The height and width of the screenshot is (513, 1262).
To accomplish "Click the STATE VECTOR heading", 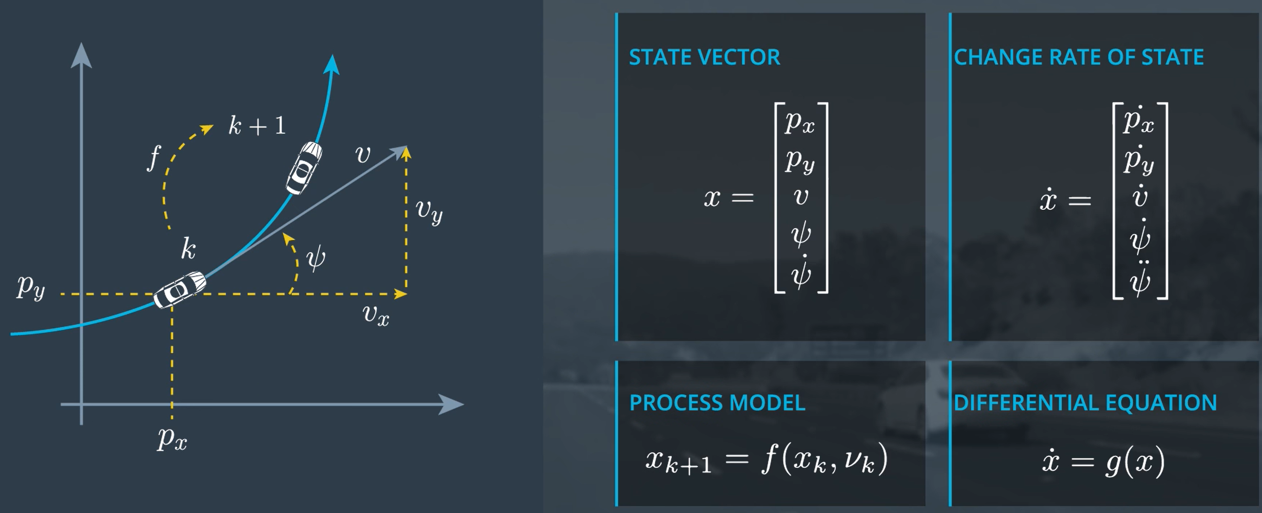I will (704, 58).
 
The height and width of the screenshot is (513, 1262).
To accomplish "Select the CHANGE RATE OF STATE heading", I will (1078, 58).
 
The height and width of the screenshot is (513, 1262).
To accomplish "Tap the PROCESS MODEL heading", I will (717, 403).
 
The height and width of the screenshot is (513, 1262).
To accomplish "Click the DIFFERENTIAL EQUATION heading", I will (1085, 403).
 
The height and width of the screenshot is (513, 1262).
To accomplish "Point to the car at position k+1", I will (304, 167).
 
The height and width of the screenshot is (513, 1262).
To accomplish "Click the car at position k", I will (179, 289).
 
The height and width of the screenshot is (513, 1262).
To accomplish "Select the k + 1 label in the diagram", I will (257, 126).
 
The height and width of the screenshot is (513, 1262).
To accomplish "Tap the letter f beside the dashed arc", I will (154, 158).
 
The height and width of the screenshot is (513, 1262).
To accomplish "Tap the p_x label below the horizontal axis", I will (172, 438).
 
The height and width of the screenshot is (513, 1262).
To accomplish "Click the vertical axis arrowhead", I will (81, 55).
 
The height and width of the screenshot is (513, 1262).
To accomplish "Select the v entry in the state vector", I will (801, 197).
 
